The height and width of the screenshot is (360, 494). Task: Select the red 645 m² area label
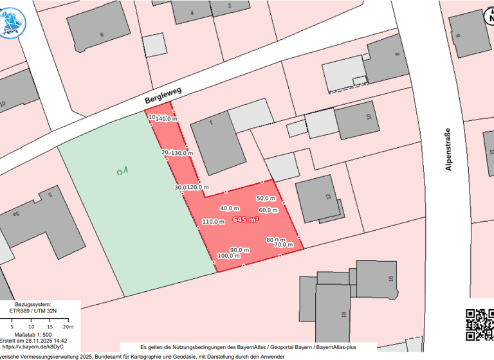(246, 219)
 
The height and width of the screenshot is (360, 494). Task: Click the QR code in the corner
(479, 325)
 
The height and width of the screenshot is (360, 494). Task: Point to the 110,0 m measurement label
(213, 222)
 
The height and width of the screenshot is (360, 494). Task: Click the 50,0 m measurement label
(266, 198)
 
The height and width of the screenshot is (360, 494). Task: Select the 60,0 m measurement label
(268, 210)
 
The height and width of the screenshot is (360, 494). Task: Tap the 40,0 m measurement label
(230, 208)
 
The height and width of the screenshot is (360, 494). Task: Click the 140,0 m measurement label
(167, 119)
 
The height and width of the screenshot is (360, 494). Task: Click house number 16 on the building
(390, 278)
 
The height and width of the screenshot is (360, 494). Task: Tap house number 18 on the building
(343, 314)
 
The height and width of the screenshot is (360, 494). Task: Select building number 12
(329, 196)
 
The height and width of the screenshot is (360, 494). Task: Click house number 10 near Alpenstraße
(369, 117)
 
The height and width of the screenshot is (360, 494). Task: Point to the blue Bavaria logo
(12, 20)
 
